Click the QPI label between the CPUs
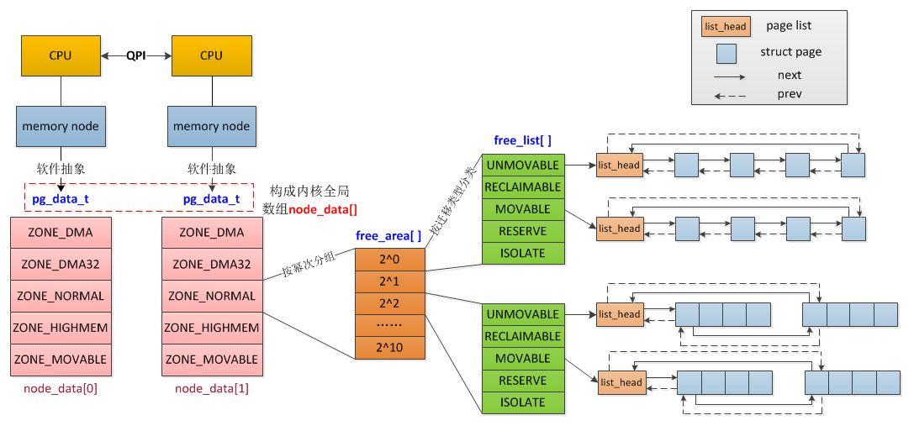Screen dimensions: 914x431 tap(136, 56)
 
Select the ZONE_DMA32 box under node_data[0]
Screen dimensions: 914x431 tap(61, 265)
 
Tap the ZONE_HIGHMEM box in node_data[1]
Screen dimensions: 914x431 tap(212, 328)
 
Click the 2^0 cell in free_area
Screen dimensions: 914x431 tap(390, 260)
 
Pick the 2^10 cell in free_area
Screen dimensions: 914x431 tap(390, 348)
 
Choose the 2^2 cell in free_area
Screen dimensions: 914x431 tap(390, 303)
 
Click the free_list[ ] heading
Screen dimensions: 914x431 tap(522, 140)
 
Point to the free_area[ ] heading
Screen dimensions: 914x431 tap(388, 236)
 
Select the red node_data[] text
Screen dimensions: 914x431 tap(323, 209)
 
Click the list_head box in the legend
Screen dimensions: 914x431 tap(726, 26)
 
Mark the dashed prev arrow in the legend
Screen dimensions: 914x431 tap(730, 96)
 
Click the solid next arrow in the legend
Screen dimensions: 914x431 tap(730, 76)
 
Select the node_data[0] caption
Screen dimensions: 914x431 tap(60, 388)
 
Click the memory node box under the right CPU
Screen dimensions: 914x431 tap(212, 126)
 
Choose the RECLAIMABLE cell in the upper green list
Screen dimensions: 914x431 tap(523, 187)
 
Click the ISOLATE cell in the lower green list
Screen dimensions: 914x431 tap(523, 402)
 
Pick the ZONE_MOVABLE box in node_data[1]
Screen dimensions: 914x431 tap(212, 360)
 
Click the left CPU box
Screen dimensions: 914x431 tap(61, 56)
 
